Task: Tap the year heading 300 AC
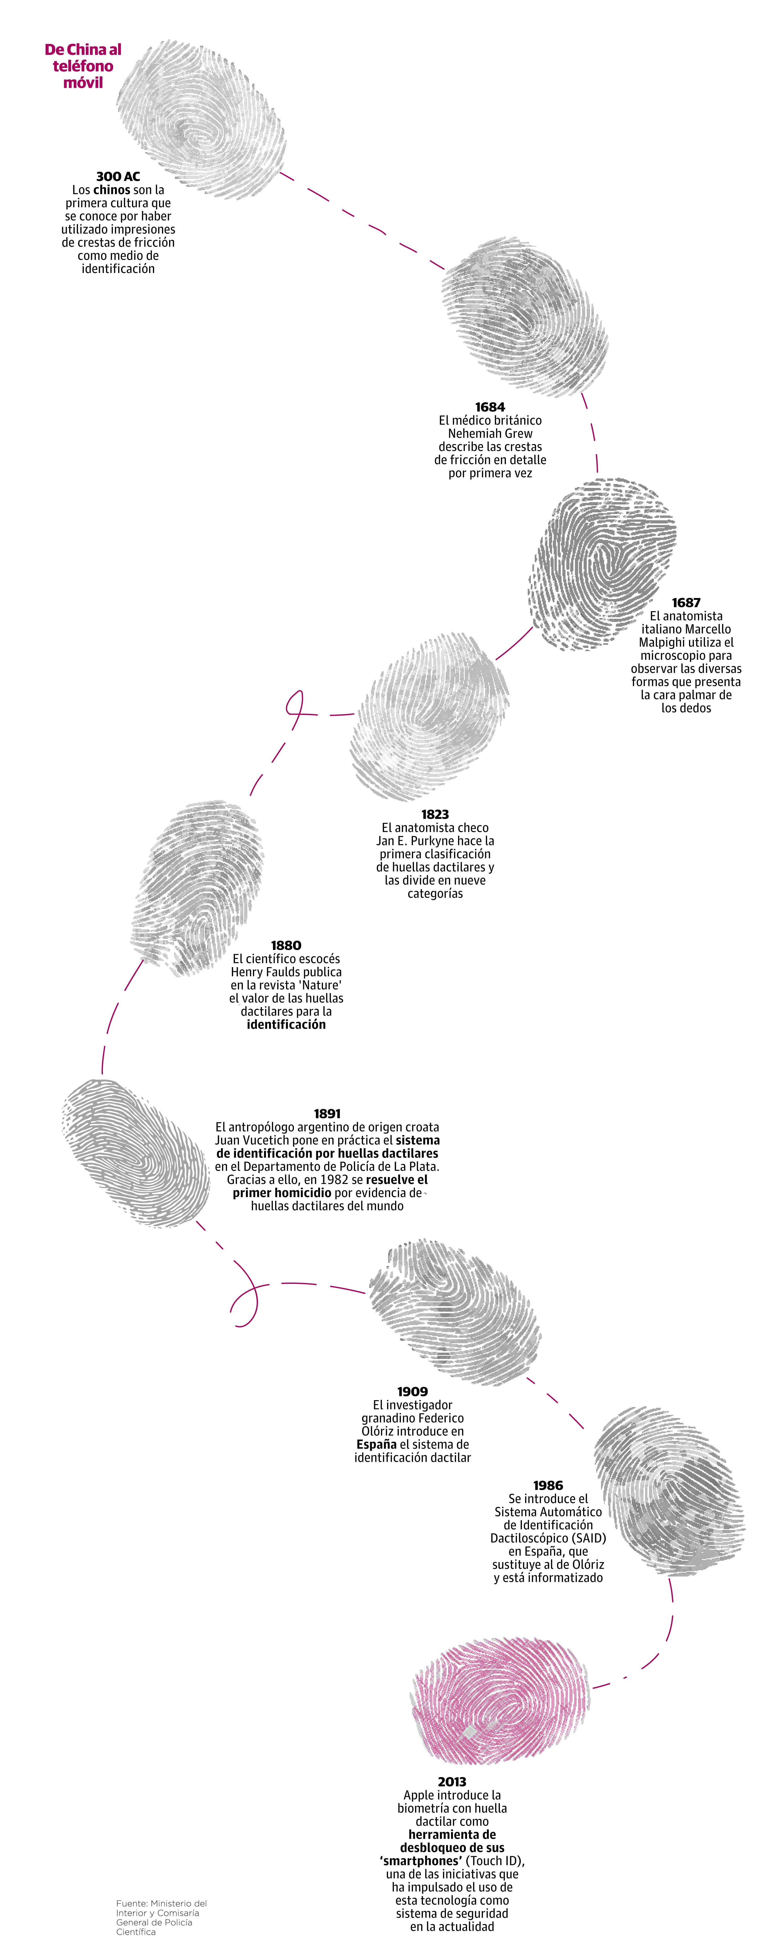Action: click(x=118, y=176)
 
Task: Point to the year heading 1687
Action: click(x=686, y=602)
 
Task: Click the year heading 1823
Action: click(x=435, y=814)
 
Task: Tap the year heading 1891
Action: click(x=327, y=1113)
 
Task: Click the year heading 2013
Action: click(x=452, y=1781)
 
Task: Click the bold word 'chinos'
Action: click(x=112, y=190)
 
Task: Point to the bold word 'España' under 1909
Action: click(x=376, y=1444)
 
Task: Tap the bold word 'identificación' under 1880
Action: click(x=286, y=1025)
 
